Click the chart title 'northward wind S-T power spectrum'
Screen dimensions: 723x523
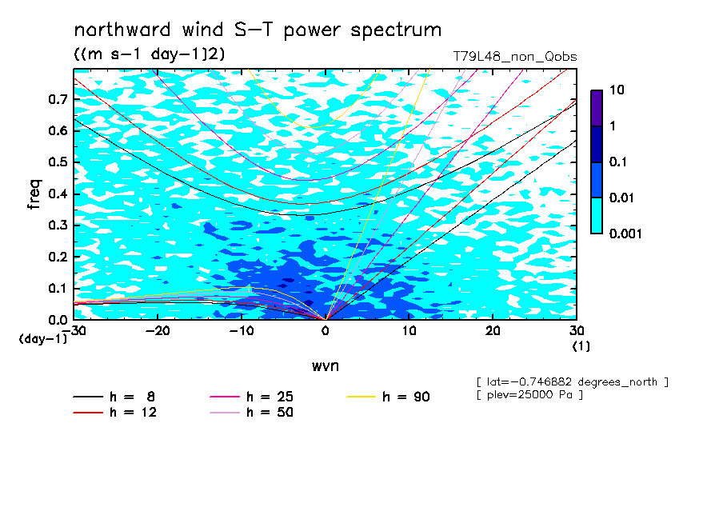(x=258, y=30)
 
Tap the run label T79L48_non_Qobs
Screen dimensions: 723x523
(x=515, y=57)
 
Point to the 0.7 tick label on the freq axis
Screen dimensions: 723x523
(x=58, y=99)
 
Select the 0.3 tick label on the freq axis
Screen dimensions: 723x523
(x=58, y=225)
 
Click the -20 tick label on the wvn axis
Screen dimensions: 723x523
(x=158, y=331)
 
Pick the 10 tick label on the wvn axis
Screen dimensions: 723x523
(x=409, y=331)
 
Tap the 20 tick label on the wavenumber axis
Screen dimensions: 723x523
(x=493, y=331)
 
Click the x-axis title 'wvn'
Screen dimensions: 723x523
(x=326, y=366)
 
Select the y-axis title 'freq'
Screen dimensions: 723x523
(x=34, y=194)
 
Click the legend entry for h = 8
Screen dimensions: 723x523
(x=114, y=397)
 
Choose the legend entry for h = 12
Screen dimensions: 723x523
(x=115, y=412)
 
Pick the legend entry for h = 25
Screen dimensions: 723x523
(x=251, y=397)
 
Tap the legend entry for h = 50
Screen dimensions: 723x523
(x=251, y=412)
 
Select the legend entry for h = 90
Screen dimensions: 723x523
(x=388, y=397)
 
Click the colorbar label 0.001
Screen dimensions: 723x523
(x=625, y=234)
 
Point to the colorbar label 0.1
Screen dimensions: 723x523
(x=617, y=162)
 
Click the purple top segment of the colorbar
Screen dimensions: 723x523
(x=597, y=109)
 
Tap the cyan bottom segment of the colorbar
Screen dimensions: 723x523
(x=597, y=216)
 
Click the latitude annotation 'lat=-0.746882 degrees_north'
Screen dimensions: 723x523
(x=572, y=382)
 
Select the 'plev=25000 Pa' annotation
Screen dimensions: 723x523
(x=529, y=395)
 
